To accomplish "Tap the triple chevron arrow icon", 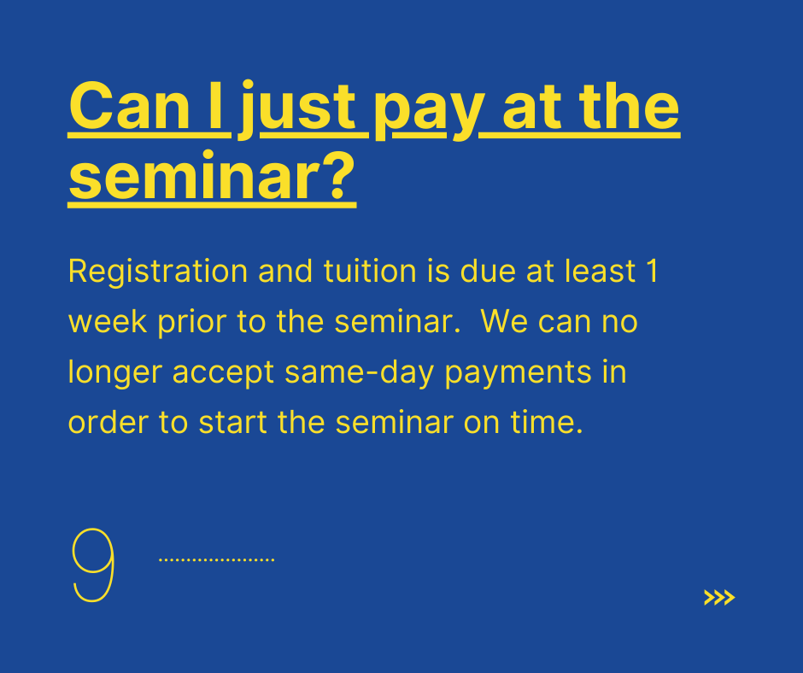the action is (x=719, y=597).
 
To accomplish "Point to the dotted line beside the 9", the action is (x=217, y=559).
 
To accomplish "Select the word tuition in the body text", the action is (x=370, y=271).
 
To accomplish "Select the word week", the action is (x=108, y=322).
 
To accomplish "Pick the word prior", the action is (x=192, y=323).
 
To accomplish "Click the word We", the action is (x=504, y=322).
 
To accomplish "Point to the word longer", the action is (x=115, y=373).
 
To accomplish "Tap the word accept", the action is (x=223, y=374).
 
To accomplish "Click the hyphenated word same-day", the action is (x=360, y=373).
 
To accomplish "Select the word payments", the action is (x=518, y=374).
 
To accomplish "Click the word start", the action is (x=233, y=423).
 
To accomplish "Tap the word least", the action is (x=601, y=270).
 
